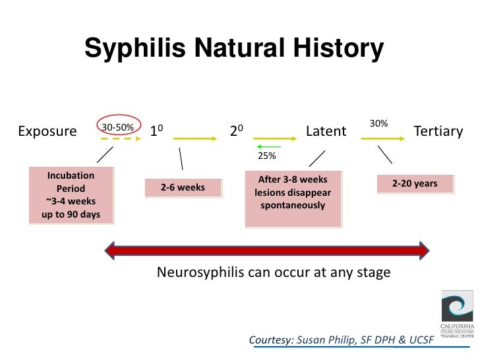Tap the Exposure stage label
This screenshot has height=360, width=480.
(x=47, y=131)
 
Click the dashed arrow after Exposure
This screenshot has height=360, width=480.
(x=122, y=139)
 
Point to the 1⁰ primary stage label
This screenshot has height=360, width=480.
(x=157, y=131)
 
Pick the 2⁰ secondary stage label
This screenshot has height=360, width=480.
(x=237, y=131)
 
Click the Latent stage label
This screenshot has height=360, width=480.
(x=326, y=131)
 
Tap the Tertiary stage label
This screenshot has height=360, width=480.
(x=438, y=131)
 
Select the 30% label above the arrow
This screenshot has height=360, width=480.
(x=378, y=124)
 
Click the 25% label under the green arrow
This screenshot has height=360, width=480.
(x=266, y=156)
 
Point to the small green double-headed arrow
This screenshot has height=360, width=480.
(x=268, y=146)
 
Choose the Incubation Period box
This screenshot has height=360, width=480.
(x=71, y=195)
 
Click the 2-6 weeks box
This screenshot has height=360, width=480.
(x=183, y=188)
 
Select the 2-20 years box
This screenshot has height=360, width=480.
(x=415, y=183)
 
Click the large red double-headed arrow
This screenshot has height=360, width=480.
(x=268, y=250)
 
